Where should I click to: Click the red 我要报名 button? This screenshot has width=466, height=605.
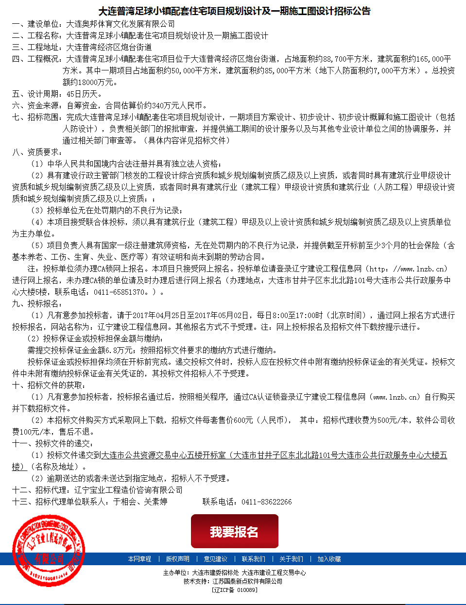pyautogui.click(x=234, y=531)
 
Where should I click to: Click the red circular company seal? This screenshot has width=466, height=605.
pyautogui.click(x=48, y=552)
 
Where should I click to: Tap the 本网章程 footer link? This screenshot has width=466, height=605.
pyautogui.click(x=139, y=559)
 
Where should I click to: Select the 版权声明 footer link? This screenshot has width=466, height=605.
pyautogui.click(x=177, y=559)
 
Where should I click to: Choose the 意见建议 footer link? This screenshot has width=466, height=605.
pyautogui.click(x=215, y=559)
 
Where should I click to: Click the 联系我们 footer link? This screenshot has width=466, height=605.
pyautogui.click(x=253, y=559)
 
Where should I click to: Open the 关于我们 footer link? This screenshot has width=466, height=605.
pyautogui.click(x=291, y=559)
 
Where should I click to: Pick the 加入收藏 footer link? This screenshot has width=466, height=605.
pyautogui.click(x=329, y=559)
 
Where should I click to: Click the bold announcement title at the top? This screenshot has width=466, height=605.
pyautogui.click(x=234, y=11)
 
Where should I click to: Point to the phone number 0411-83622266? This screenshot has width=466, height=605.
pyautogui.click(x=266, y=502)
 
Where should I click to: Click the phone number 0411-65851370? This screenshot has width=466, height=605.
pyautogui.click(x=120, y=292)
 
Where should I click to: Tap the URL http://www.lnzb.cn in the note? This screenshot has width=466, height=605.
pyautogui.click(x=407, y=269)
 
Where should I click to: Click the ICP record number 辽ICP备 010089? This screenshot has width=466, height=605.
pyautogui.click(x=234, y=590)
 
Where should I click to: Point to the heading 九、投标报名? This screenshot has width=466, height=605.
pyautogui.click(x=37, y=303)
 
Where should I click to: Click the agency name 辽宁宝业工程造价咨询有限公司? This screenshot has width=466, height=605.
pyautogui.click(x=128, y=490)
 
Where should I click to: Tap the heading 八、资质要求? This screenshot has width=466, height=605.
pyautogui.click(x=37, y=152)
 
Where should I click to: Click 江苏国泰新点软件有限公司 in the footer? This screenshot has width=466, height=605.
pyautogui.click(x=247, y=581)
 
